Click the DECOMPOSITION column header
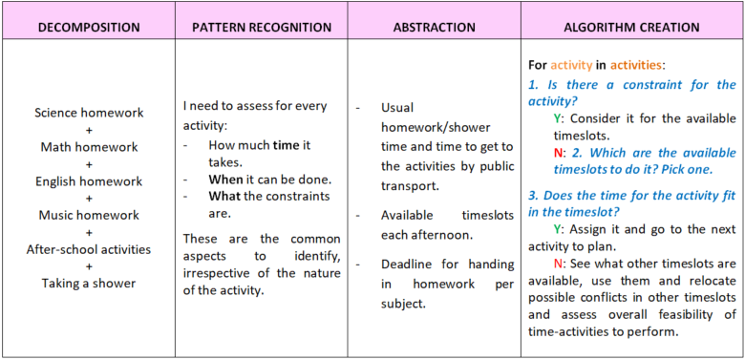(x=89, y=27)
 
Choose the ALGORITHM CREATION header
(x=631, y=27)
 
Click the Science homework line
(x=89, y=113)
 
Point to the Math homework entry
(x=89, y=147)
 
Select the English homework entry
(x=89, y=181)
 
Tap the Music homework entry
(x=89, y=215)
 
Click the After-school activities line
(x=89, y=249)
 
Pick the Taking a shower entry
(x=89, y=283)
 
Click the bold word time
(x=286, y=145)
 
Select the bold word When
(x=225, y=180)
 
